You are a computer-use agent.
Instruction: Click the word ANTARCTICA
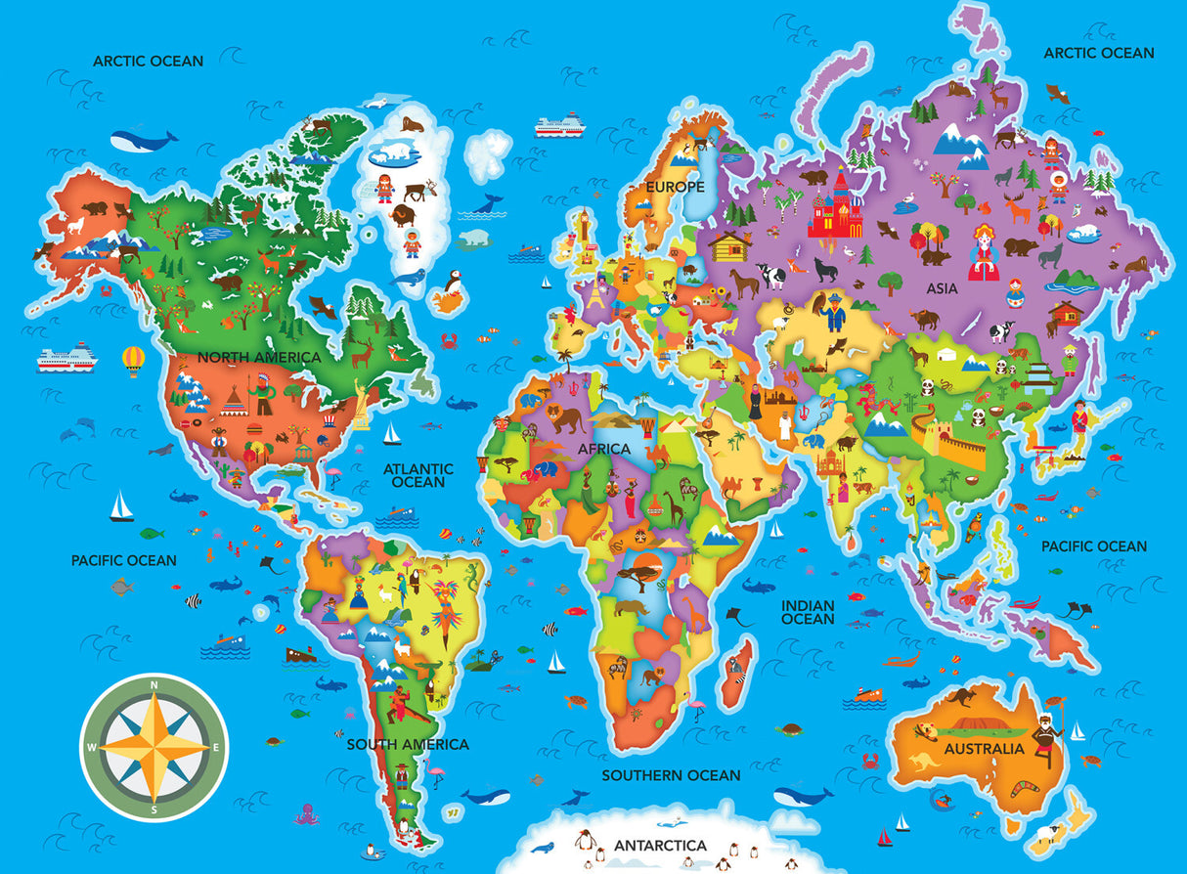[x=660, y=844]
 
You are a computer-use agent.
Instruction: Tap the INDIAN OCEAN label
[x=808, y=612]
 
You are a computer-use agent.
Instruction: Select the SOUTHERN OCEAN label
[x=671, y=775]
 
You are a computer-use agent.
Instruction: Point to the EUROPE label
[x=675, y=186]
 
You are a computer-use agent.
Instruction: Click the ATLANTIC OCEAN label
[x=418, y=475]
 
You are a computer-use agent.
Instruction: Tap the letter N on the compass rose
[x=154, y=687]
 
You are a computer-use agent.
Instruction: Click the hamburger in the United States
[x=192, y=424]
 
